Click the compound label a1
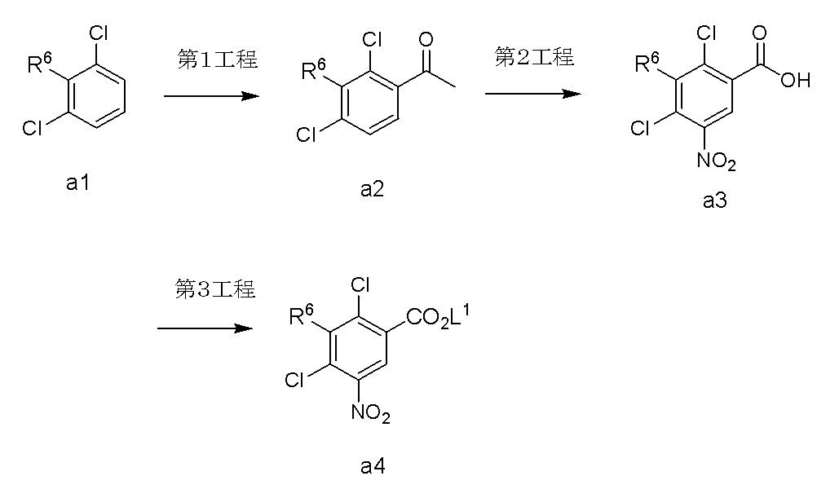(x=77, y=183)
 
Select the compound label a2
(x=372, y=189)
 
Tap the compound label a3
(x=714, y=200)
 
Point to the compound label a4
(x=373, y=467)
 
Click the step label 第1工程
(x=218, y=59)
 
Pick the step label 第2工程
(x=534, y=56)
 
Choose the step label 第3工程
(x=215, y=289)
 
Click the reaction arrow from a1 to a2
(x=211, y=96)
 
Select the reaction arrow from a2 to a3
(x=533, y=94)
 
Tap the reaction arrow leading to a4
(x=205, y=328)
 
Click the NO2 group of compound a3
(x=717, y=161)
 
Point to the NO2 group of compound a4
(x=371, y=413)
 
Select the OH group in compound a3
(x=795, y=80)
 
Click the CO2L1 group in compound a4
(x=438, y=316)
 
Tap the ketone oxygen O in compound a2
(x=426, y=39)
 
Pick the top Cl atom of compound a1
(x=99, y=33)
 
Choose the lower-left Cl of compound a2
(x=307, y=134)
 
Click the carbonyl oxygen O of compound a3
(x=760, y=33)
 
